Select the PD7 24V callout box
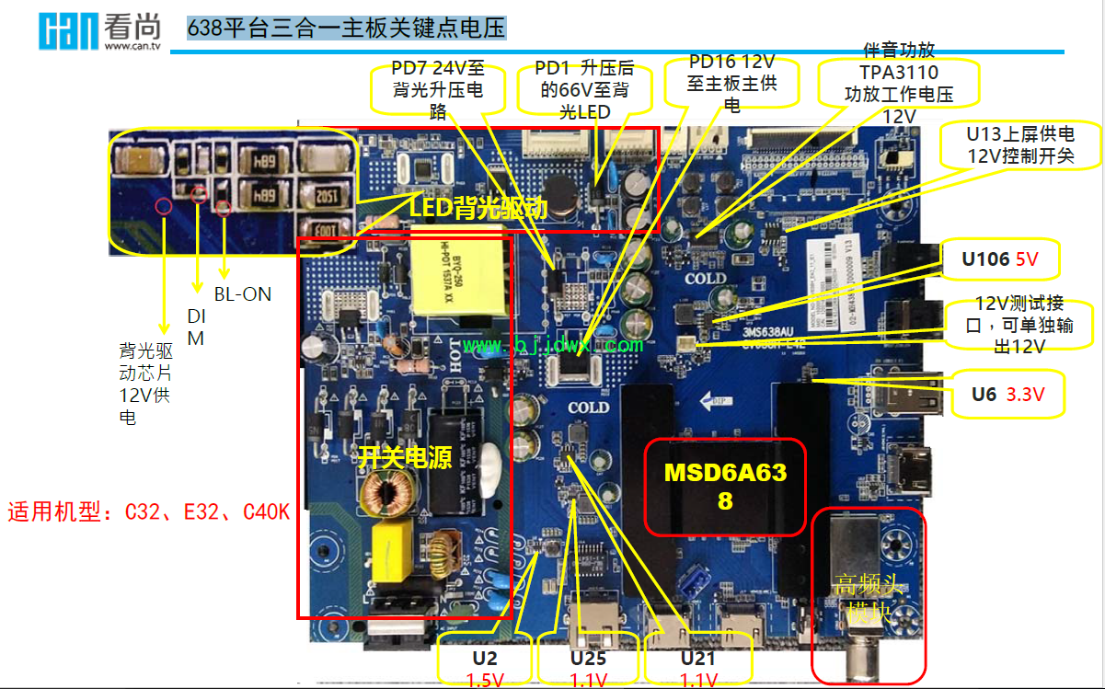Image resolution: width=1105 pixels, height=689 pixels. coord(437,89)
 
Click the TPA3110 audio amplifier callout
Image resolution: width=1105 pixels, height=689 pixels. coord(898,83)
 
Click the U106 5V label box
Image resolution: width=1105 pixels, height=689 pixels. coord(999,260)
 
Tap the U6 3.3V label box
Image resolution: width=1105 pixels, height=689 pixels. coord(1007,395)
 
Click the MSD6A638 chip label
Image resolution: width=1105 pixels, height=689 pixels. coord(725,487)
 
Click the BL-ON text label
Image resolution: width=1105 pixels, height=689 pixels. coord(243,294)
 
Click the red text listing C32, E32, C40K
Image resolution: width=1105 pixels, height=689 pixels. coord(148,512)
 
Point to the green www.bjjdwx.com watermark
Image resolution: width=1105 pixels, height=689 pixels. coord(553,345)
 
